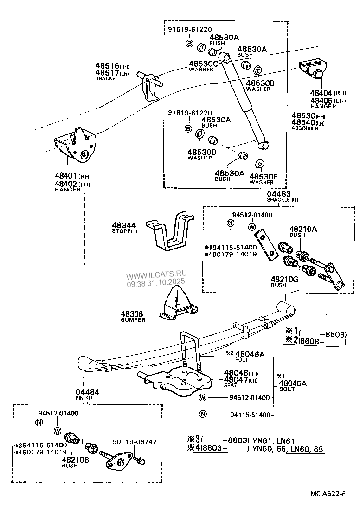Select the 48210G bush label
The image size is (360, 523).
click(x=284, y=279)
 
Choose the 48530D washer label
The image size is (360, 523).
click(x=202, y=152)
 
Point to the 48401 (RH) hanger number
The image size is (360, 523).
click(x=66, y=176)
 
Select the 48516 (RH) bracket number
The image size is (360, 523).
click(x=107, y=66)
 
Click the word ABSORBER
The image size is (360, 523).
click(x=305, y=128)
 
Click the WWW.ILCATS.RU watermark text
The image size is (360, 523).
click(x=155, y=275)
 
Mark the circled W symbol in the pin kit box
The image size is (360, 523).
click(x=58, y=430)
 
